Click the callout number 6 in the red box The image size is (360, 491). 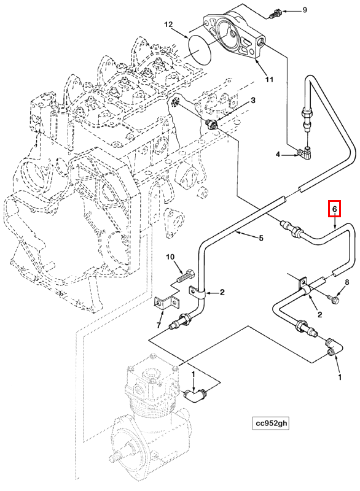pyautogui.click(x=334, y=209)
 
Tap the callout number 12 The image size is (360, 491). pyautogui.click(x=168, y=24)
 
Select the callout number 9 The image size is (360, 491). pyautogui.click(x=305, y=10)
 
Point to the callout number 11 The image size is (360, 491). pyautogui.click(x=269, y=79)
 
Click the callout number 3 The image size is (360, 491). pyautogui.click(x=252, y=100)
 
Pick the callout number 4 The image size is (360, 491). pyautogui.click(x=278, y=155)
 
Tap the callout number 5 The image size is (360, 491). pyautogui.click(x=261, y=238)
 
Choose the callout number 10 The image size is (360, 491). pyautogui.click(x=170, y=257)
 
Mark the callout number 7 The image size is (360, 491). pyautogui.click(x=159, y=325)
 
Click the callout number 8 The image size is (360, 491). pyautogui.click(x=346, y=282)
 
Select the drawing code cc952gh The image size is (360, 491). pyautogui.click(x=271, y=423)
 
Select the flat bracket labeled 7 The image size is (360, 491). pyautogui.click(x=167, y=303)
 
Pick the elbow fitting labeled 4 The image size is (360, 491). pyautogui.click(x=305, y=152)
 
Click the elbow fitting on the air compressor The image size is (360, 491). pyautogui.click(x=195, y=395)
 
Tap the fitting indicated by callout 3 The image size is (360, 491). pyautogui.click(x=212, y=125)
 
